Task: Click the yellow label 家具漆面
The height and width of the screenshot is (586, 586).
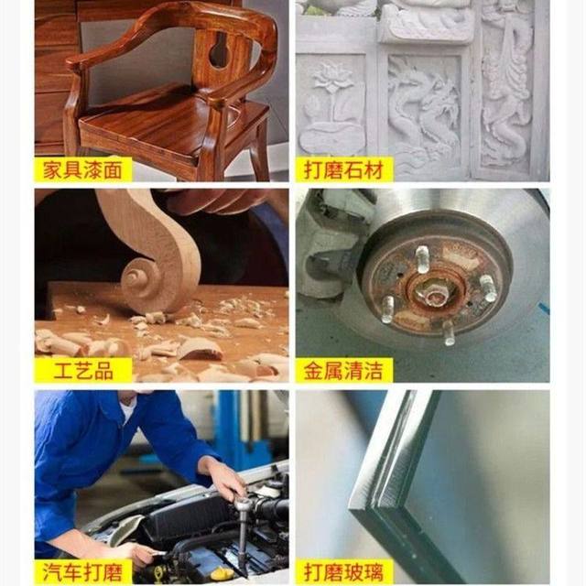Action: click(83, 170)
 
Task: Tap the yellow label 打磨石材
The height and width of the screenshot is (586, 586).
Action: click(344, 170)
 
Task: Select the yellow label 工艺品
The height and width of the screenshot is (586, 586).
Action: click(83, 370)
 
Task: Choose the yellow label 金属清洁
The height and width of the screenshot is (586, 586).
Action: click(344, 370)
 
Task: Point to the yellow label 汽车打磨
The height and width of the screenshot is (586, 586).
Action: click(83, 571)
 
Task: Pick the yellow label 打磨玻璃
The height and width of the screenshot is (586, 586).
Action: click(344, 571)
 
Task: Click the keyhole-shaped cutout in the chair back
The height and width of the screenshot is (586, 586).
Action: click(221, 51)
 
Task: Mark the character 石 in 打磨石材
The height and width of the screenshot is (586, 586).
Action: click(356, 170)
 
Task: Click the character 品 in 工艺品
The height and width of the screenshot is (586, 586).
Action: click(103, 370)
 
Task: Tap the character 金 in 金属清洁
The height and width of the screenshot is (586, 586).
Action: click(314, 370)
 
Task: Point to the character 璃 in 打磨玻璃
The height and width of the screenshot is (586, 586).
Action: click(374, 571)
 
